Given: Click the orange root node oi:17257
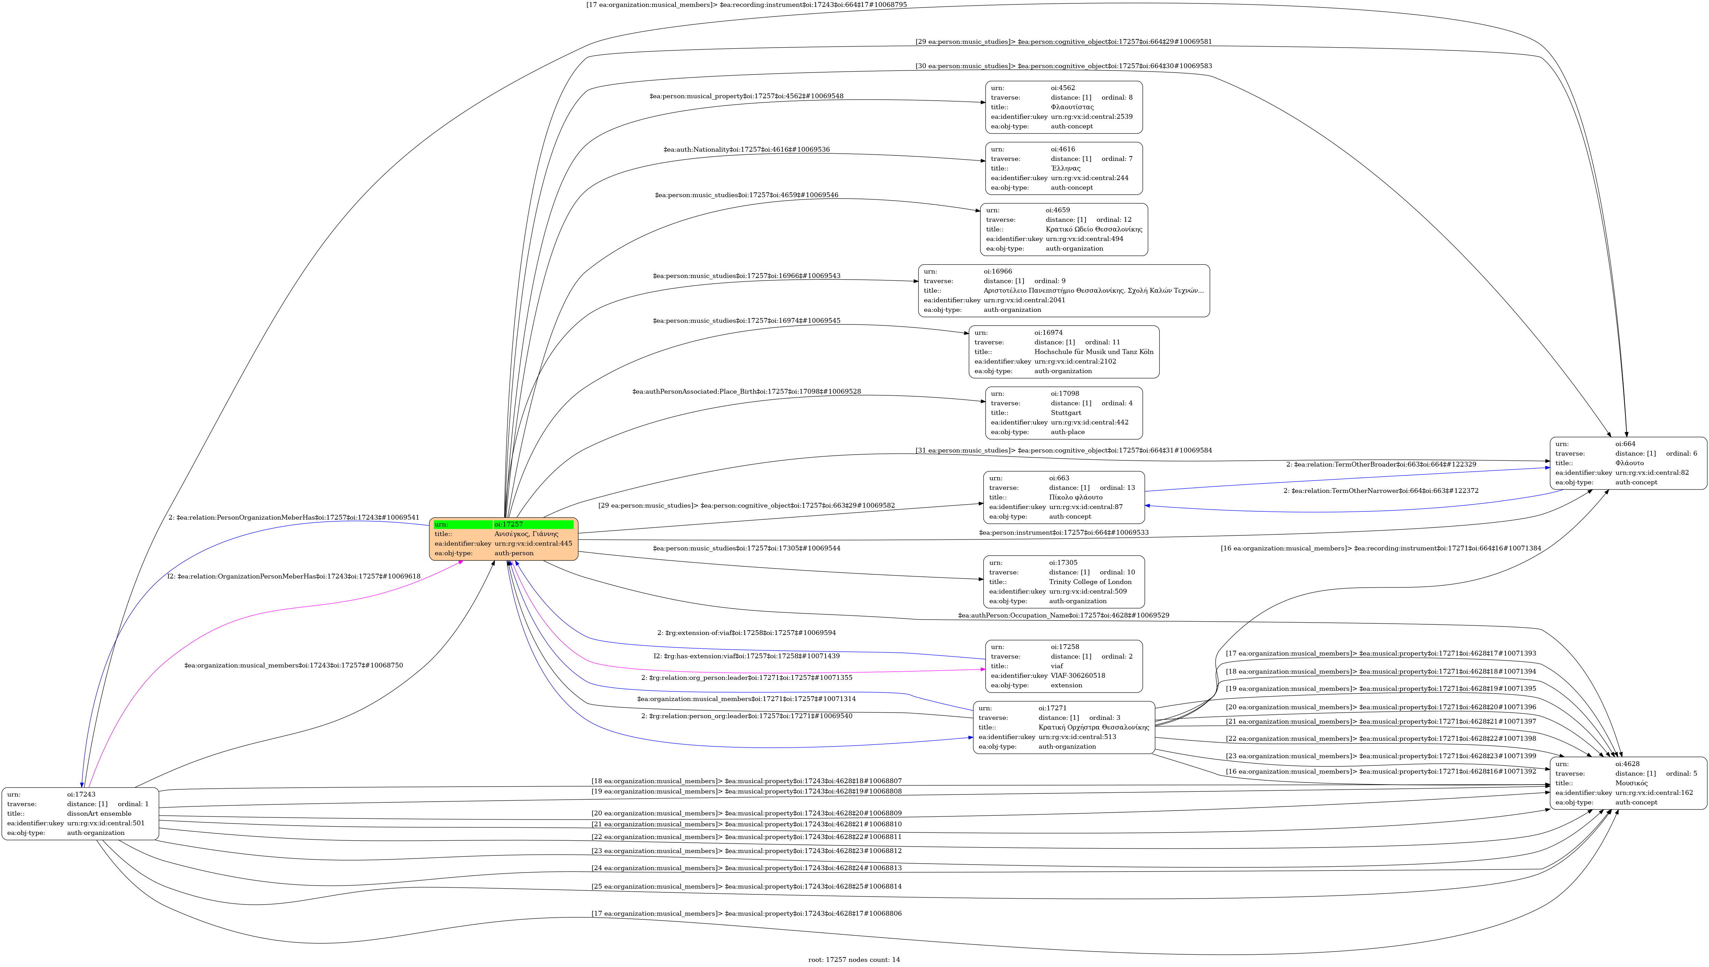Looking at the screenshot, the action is point(504,539).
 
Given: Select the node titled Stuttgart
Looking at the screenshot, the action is point(1064,413).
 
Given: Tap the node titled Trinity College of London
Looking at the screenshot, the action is point(1064,582).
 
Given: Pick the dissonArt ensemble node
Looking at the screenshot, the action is point(81,814).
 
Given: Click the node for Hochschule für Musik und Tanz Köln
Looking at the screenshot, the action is point(1064,352).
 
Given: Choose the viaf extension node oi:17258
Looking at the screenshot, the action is point(1064,666).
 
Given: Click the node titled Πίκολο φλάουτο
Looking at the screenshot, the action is point(1064,497).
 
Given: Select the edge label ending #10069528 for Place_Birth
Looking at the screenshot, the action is point(746,391).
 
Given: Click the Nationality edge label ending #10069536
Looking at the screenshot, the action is point(746,150).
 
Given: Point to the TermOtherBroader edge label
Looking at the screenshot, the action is point(1381,464).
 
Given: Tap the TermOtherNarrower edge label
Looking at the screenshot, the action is point(1381,491).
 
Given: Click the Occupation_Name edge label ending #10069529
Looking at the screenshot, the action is point(1063,616).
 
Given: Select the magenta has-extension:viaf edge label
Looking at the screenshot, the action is point(746,656).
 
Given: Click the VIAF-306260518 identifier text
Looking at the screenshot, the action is point(1078,675).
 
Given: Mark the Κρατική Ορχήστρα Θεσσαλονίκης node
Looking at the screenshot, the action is point(1064,727).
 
